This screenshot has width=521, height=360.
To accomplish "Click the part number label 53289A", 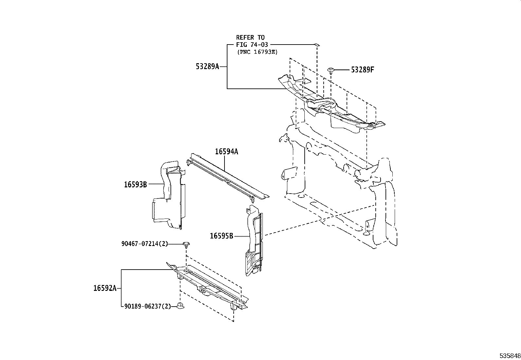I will [207, 66].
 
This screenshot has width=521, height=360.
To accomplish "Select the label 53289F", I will [362, 70].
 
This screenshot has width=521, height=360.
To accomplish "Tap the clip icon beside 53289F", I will [331, 70].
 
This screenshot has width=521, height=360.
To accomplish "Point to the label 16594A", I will [226, 152].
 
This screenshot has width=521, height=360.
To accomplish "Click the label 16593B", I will [135, 184].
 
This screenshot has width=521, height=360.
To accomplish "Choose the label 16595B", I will [221, 236].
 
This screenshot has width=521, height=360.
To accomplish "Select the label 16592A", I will [105, 288].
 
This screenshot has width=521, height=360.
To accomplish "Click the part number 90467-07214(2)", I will [144, 244].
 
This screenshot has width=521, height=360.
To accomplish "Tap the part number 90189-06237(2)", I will [148, 307].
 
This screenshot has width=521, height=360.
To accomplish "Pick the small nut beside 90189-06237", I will [180, 306].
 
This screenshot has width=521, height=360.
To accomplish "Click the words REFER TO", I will [250, 38].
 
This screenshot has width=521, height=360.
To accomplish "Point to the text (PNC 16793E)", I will [257, 52].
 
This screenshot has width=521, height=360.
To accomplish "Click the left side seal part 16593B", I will [169, 197].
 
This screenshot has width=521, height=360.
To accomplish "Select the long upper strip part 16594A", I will [229, 177].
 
